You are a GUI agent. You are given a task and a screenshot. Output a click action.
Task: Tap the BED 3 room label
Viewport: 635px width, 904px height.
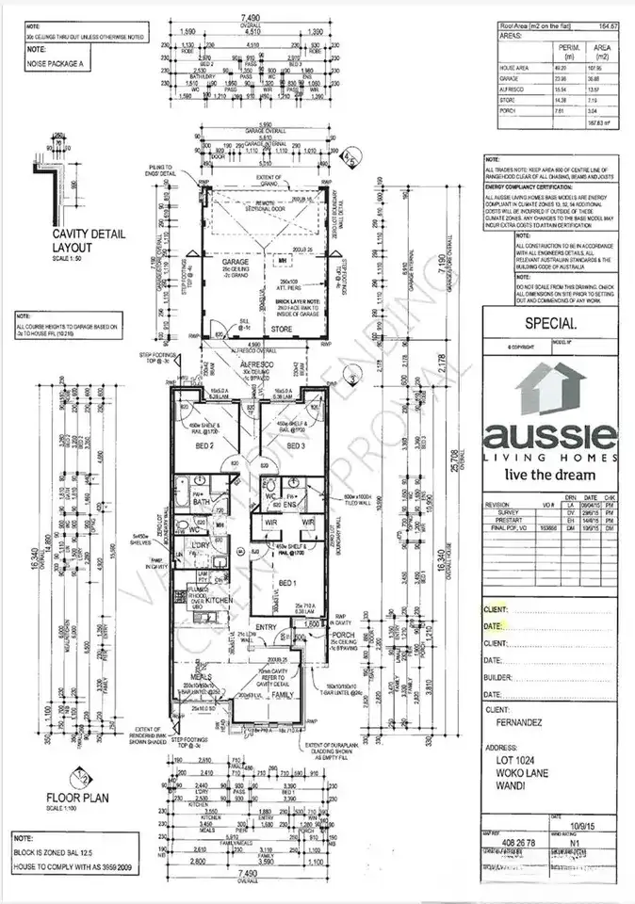297,445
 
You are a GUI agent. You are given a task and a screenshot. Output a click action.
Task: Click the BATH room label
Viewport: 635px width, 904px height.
202,503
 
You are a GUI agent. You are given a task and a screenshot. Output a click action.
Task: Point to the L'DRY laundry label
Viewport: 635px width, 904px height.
200,545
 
